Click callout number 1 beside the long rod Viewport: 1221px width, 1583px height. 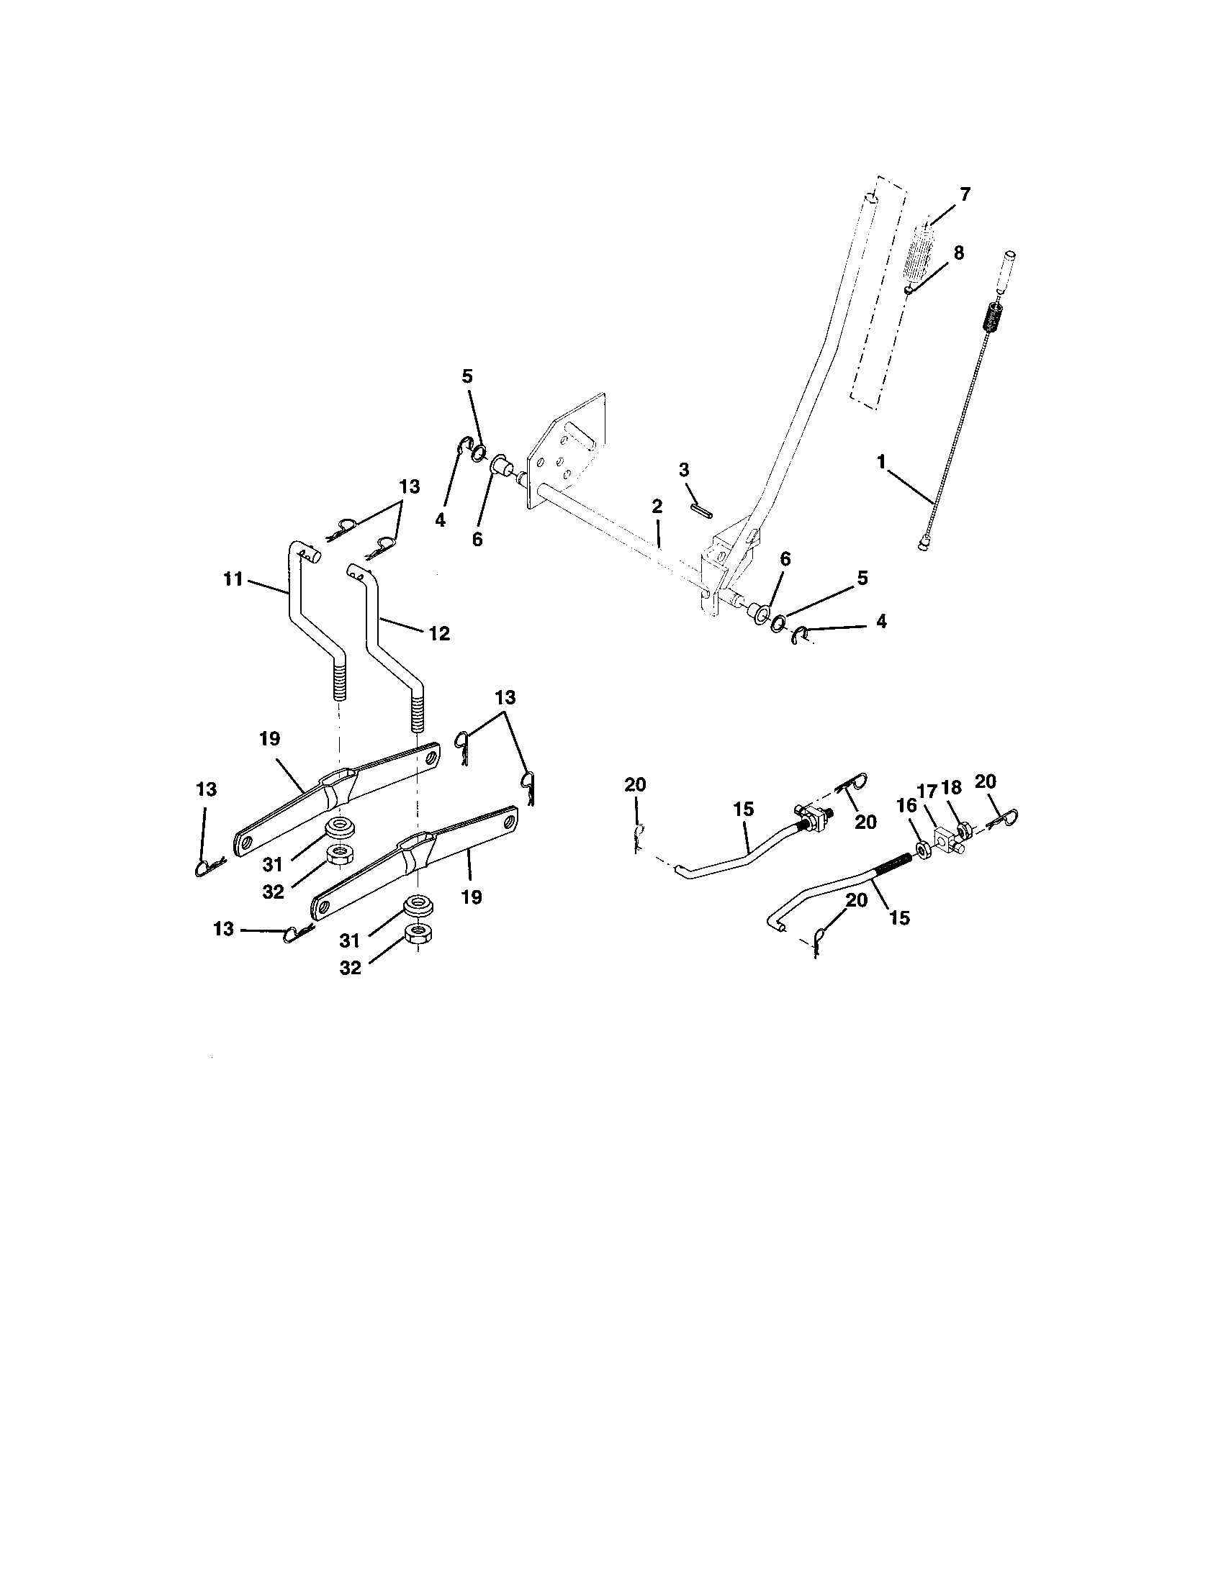coord(881,462)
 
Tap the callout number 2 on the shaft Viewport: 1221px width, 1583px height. coord(657,507)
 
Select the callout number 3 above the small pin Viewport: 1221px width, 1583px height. coord(684,470)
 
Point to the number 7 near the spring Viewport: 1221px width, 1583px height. coord(964,194)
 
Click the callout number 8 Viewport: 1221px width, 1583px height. coord(958,253)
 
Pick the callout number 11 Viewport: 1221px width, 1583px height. coord(233,580)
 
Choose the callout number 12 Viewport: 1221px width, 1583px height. coord(439,633)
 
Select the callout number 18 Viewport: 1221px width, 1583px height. coord(951,789)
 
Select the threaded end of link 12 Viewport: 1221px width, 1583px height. coord(416,715)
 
